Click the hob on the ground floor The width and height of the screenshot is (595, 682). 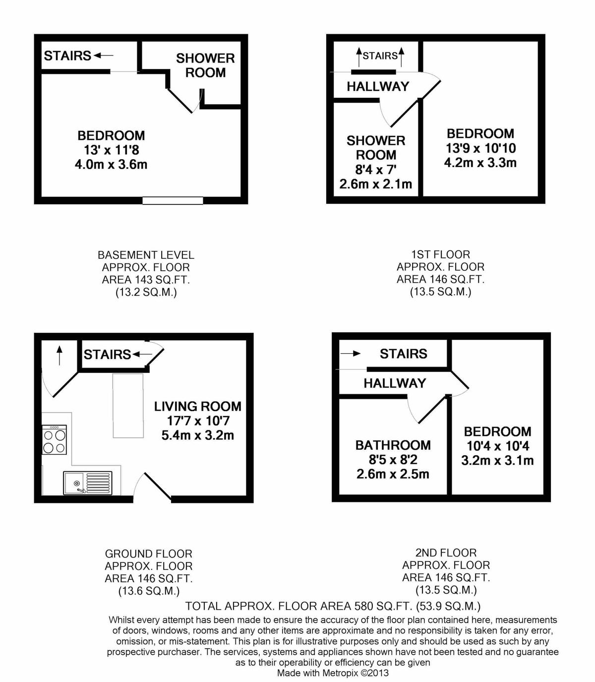pyautogui.click(x=55, y=440)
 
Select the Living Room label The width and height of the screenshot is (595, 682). pyautogui.click(x=197, y=407)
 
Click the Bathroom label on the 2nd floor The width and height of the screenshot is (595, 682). pyautogui.click(x=393, y=445)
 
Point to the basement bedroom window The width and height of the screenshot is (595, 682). pyautogui.click(x=173, y=201)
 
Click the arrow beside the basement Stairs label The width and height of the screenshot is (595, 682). pyautogui.click(x=104, y=56)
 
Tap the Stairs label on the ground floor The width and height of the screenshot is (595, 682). pyautogui.click(x=107, y=355)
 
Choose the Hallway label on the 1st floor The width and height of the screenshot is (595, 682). pyautogui.click(x=378, y=87)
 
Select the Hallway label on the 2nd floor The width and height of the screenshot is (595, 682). pyautogui.click(x=395, y=383)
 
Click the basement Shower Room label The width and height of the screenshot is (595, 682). pyautogui.click(x=205, y=65)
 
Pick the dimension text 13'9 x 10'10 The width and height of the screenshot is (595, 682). pyautogui.click(x=480, y=148)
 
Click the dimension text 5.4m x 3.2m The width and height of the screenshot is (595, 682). pyautogui.click(x=197, y=435)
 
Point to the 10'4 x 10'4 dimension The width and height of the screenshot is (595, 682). pyautogui.click(x=497, y=446)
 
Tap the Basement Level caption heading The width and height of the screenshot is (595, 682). pyautogui.click(x=146, y=255)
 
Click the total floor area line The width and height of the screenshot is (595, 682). pyautogui.click(x=332, y=606)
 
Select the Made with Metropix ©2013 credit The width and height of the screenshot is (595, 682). pyautogui.click(x=333, y=673)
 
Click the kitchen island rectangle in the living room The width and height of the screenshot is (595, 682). pyautogui.click(x=128, y=406)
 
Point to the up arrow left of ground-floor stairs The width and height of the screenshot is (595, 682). pyautogui.click(x=59, y=355)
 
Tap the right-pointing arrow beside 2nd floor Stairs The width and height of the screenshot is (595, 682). pyautogui.click(x=351, y=354)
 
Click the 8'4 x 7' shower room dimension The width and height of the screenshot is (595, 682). pyautogui.click(x=375, y=170)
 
